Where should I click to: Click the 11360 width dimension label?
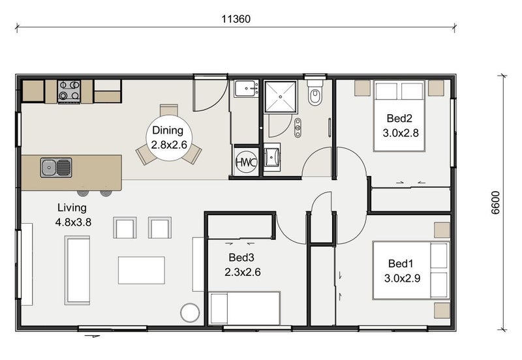(236, 19)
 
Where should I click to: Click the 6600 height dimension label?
(496, 202)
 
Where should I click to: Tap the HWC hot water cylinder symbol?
(247, 162)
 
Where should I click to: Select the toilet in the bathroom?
(315, 93)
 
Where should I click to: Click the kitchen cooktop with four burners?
(69, 91)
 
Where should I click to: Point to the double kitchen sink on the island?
(56, 167)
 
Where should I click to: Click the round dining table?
(169, 138)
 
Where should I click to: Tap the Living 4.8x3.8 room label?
(73, 215)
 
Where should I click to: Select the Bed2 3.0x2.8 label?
(401, 125)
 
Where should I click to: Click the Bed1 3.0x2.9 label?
(402, 271)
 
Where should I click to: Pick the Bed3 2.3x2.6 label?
(242, 265)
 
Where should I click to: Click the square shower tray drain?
(281, 97)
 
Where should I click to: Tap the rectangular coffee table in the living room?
(142, 270)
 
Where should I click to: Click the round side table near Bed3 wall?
(190, 313)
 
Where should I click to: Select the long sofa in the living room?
(77, 270)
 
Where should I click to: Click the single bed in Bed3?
(244, 308)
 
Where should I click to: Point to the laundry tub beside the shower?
(247, 89)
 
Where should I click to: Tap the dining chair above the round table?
(169, 110)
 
